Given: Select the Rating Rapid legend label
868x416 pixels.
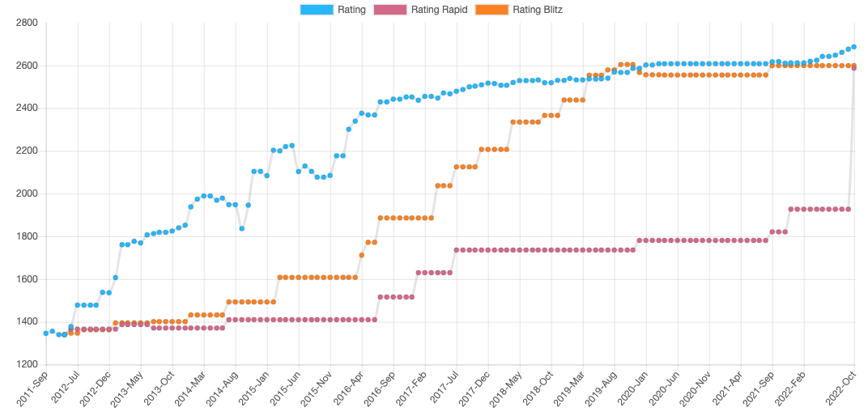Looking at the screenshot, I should (440, 10).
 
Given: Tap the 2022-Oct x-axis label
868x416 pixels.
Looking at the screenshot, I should (841, 388).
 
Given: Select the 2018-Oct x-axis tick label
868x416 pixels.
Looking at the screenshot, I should (538, 388).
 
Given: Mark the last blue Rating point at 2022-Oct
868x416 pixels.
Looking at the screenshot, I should (854, 47).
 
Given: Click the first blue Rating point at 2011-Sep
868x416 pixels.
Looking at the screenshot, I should (46, 333).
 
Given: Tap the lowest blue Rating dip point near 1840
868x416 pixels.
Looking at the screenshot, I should (241, 228).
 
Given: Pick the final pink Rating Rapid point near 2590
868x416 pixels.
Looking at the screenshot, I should (854, 68).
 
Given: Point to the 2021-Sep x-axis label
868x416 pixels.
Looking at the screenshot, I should (759, 388).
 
